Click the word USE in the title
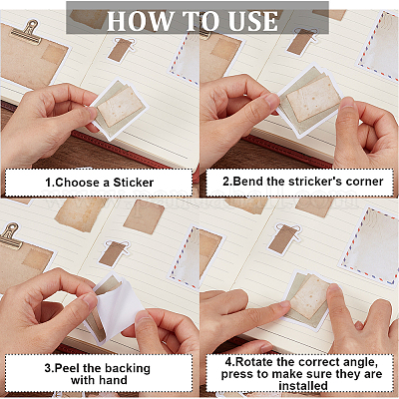(x=253, y=21)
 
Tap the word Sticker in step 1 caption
(x=134, y=183)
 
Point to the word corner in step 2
(x=365, y=182)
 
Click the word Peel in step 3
(x=68, y=368)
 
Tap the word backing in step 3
(x=128, y=369)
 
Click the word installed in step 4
(x=303, y=386)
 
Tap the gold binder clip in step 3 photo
(x=10, y=235)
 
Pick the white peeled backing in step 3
(x=118, y=307)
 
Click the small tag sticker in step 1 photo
(x=121, y=49)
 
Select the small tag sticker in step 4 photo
(x=285, y=238)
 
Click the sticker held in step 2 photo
(x=307, y=99)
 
